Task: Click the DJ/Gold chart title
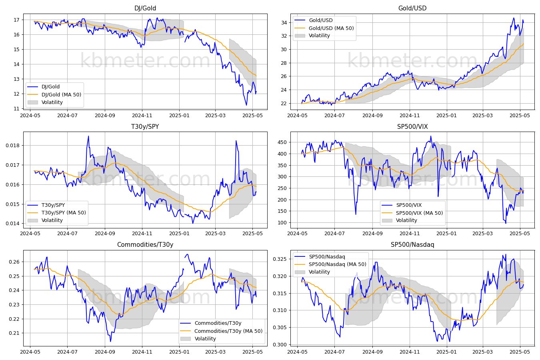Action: click(145, 8)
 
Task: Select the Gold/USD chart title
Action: click(412, 8)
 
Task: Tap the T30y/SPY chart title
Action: click(145, 126)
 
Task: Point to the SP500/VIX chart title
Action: click(412, 126)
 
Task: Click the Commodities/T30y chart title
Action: click(145, 244)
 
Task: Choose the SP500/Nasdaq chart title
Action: click(412, 244)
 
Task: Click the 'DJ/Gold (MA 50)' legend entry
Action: click(61, 94)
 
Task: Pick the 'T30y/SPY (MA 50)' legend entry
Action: click(64, 212)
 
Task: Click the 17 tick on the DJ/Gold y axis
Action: click(16, 20)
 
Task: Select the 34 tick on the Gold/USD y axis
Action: click(284, 23)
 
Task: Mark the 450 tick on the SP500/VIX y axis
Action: click(282, 142)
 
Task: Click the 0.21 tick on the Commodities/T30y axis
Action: click(14, 333)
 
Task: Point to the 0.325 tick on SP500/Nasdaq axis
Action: click(280, 259)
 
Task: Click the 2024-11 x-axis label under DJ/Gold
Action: click(142, 115)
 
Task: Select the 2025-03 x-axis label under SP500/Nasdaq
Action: click(483, 352)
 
